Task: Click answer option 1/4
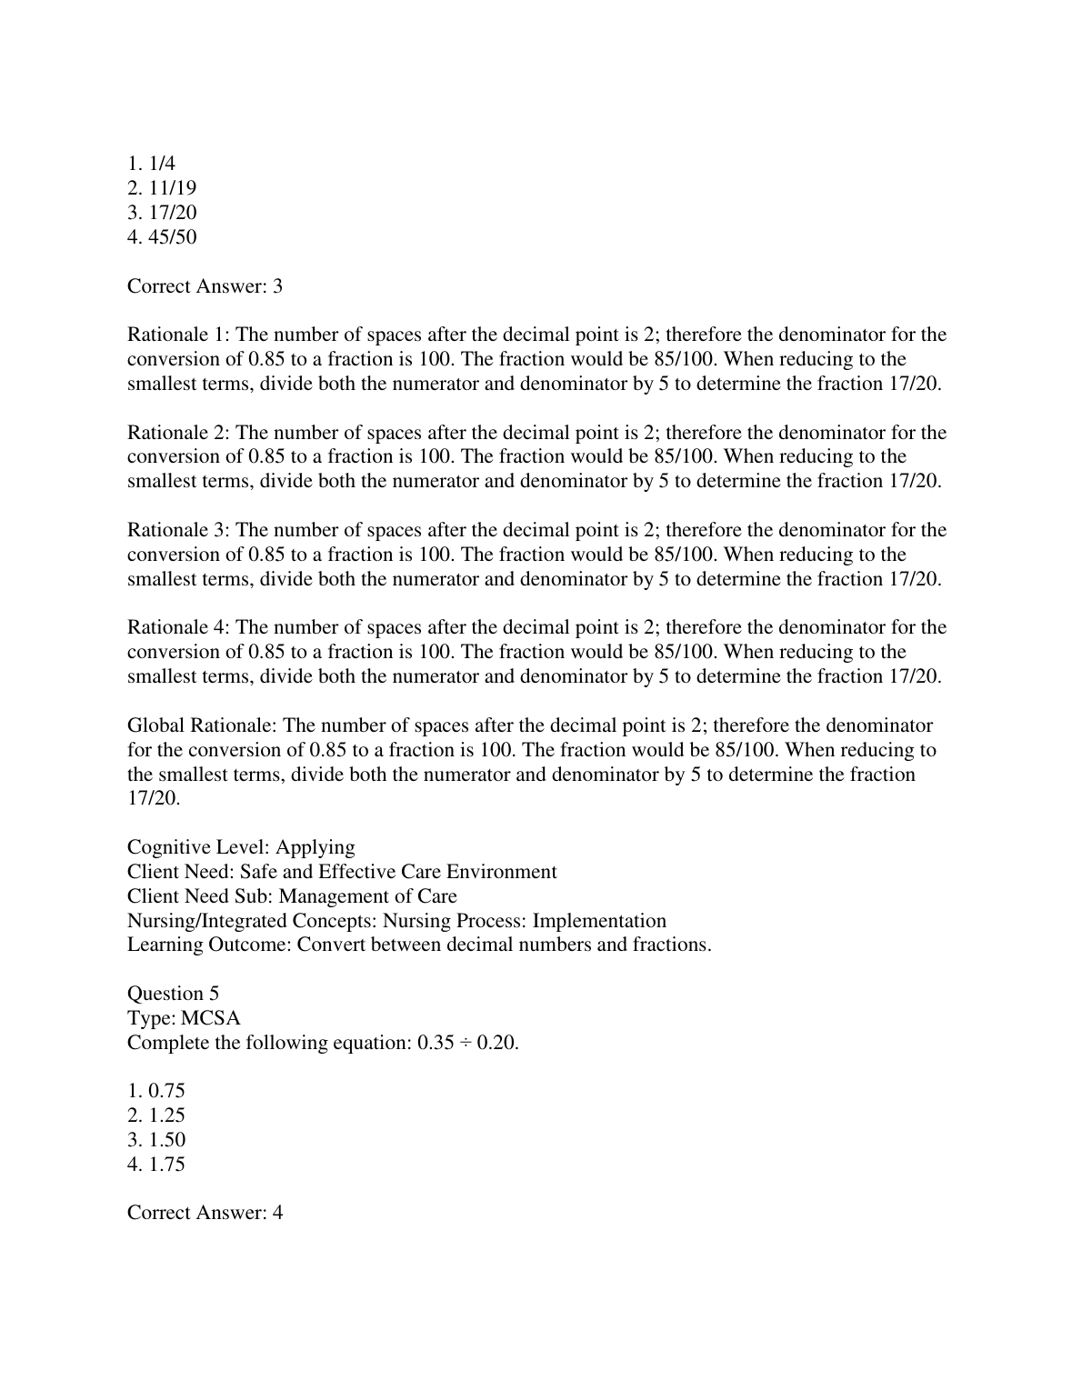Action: (151, 164)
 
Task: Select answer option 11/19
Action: (162, 188)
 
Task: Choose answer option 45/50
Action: (162, 237)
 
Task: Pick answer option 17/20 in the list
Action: (162, 213)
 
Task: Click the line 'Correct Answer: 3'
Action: (205, 286)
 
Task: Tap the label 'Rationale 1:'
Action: (178, 335)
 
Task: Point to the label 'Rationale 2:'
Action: (178, 433)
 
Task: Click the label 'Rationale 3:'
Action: (178, 530)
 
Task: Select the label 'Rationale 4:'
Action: (178, 627)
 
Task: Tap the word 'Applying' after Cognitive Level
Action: (316, 847)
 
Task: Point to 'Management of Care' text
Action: (367, 896)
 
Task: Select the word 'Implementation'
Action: (599, 921)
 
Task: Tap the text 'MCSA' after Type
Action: (211, 1018)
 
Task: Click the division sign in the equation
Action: (464, 1043)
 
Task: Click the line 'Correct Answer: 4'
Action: (205, 1213)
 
